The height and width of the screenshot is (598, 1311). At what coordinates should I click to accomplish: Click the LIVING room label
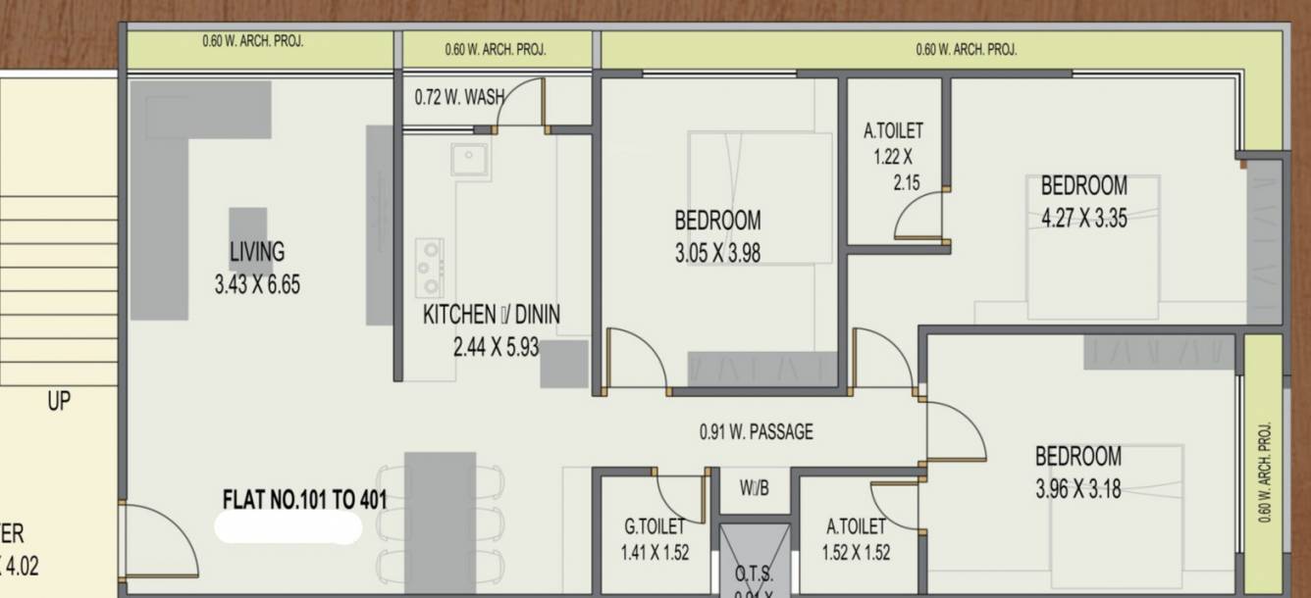click(x=257, y=252)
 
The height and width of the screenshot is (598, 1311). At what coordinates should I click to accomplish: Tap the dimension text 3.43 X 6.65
click(x=257, y=285)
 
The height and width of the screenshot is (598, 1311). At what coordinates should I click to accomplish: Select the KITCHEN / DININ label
click(x=492, y=315)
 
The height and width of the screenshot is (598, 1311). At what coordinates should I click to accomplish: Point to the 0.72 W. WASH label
click(x=459, y=97)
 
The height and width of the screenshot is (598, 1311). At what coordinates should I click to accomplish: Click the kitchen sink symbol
click(x=470, y=159)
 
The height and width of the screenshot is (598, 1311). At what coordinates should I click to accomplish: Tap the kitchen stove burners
click(x=429, y=267)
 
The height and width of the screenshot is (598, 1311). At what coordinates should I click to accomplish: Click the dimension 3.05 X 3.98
click(x=717, y=253)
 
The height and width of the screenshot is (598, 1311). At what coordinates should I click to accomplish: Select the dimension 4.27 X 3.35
click(x=1084, y=219)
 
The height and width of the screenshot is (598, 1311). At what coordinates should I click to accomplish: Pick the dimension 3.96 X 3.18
click(x=1078, y=487)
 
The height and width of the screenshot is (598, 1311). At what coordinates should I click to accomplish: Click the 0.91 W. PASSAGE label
click(x=756, y=431)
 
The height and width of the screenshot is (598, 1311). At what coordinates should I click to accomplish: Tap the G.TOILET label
click(x=655, y=527)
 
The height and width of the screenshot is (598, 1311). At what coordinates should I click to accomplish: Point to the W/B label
click(x=755, y=487)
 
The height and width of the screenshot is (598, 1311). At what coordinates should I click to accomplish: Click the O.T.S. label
click(x=755, y=574)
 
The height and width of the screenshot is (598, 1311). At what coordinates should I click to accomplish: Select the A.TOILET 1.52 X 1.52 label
click(x=856, y=539)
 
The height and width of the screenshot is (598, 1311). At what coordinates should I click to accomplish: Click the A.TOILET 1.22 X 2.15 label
click(x=893, y=155)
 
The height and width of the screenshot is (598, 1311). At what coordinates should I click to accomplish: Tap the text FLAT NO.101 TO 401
click(x=305, y=500)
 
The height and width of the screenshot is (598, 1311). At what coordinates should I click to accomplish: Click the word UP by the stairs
click(x=59, y=400)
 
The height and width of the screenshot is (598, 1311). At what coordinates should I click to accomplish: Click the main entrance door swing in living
click(x=159, y=542)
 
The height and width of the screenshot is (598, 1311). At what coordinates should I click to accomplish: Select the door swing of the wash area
click(x=520, y=105)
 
